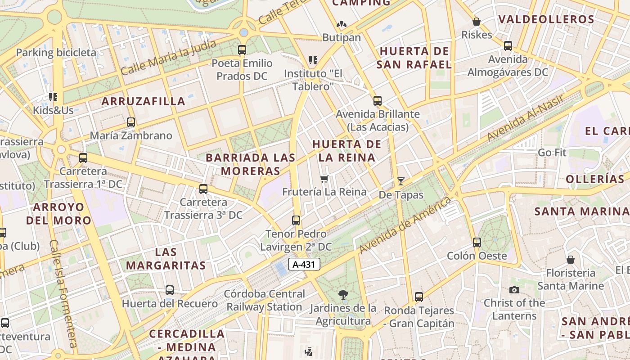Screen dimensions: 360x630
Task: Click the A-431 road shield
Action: (304, 265)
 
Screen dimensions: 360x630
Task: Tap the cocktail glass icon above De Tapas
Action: (401, 181)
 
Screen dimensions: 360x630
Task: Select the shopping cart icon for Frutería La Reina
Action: (324, 179)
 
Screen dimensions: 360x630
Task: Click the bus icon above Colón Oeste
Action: (477, 243)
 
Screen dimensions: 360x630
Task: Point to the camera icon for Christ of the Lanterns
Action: (514, 290)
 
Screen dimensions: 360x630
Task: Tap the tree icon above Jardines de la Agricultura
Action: (343, 295)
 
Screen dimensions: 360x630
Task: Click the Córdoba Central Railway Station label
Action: (265, 301)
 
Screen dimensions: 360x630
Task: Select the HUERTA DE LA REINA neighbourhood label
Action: (347, 151)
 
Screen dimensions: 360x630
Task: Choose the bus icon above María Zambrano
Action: (131, 122)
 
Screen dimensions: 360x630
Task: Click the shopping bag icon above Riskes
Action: (477, 22)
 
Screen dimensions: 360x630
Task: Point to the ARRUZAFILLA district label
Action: (143, 101)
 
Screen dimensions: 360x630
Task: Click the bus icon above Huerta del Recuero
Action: (170, 290)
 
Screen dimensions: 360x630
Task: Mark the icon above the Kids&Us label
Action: (53, 97)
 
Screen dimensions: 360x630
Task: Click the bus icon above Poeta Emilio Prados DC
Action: (242, 49)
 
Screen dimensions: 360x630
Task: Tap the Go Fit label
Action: (552, 153)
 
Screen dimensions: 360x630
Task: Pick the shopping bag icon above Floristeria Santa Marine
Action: (571, 260)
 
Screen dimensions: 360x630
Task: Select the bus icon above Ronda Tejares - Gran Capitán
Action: (419, 297)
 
